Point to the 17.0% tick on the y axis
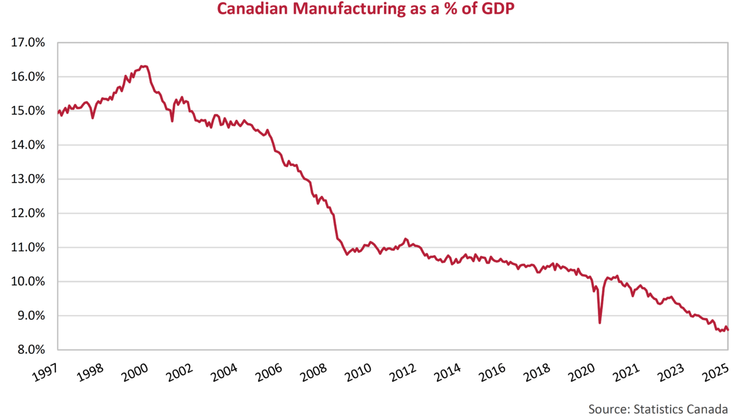[x=28, y=43]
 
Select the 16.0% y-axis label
[x=28, y=77]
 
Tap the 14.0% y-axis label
[x=28, y=145]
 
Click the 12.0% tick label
[x=28, y=213]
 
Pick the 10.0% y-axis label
[x=28, y=282]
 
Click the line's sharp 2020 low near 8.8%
[x=600, y=323]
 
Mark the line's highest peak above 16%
[x=144, y=66]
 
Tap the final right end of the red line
[x=728, y=330]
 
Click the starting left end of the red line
[x=58, y=112]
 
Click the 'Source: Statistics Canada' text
[x=657, y=409]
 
